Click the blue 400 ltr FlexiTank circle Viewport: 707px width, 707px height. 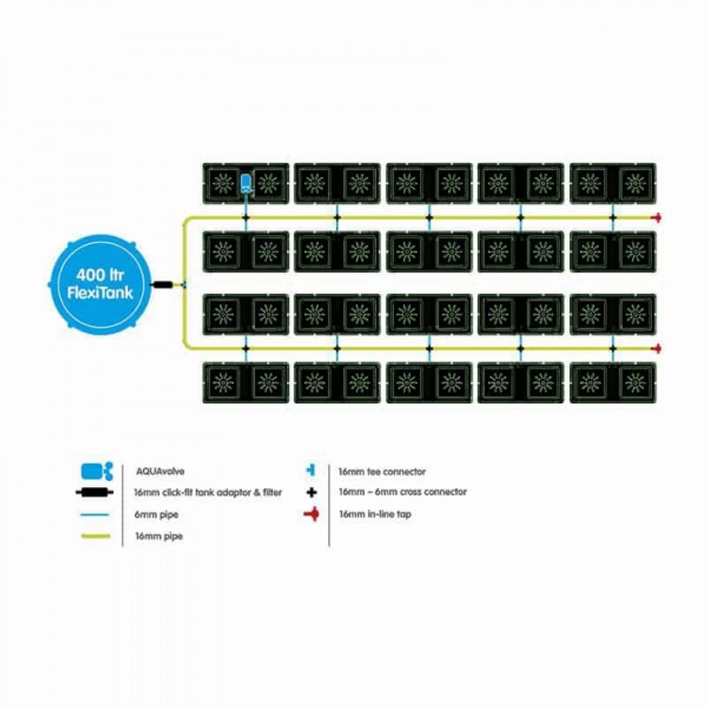click(99, 285)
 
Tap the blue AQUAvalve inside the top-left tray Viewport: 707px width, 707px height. click(246, 184)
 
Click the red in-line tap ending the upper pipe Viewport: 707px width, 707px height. click(657, 217)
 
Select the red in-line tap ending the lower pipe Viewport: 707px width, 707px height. click(657, 348)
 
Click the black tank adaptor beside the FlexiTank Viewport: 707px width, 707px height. click(163, 285)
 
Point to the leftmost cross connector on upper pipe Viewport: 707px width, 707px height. click(246, 217)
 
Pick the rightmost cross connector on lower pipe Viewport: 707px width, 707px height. click(612, 348)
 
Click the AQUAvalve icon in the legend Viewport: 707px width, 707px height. click(97, 471)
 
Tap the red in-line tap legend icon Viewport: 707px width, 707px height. click(312, 514)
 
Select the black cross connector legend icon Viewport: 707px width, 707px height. click(311, 492)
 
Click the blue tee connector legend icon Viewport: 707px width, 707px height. click(311, 471)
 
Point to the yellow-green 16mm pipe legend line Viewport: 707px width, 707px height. click(95, 536)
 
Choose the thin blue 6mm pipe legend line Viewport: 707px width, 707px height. click(95, 514)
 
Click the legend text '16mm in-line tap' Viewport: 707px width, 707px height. click(375, 514)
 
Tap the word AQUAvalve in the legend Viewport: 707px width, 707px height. click(160, 472)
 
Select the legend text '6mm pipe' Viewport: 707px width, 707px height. click(156, 514)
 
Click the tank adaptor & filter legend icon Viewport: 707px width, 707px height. click(95, 492)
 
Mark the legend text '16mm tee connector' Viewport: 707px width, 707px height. click(382, 472)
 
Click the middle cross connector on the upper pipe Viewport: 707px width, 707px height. click(430, 217)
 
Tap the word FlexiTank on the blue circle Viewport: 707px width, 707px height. click(100, 293)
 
